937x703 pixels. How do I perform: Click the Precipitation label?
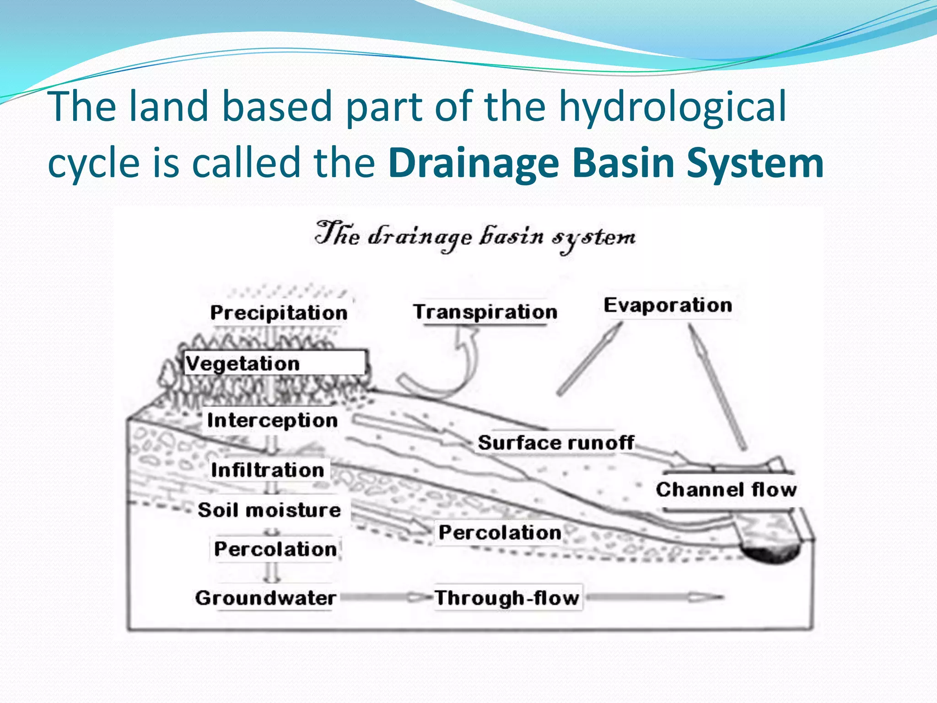[x=279, y=313]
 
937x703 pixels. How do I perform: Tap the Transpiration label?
[x=485, y=312]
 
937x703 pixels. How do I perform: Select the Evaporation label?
[x=668, y=305]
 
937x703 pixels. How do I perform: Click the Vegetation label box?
[x=275, y=363]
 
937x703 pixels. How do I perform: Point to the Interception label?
[x=272, y=420]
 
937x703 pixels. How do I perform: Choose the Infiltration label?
[x=268, y=470]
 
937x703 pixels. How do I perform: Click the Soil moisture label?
[x=269, y=510]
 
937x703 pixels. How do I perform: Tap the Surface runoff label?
[x=555, y=443]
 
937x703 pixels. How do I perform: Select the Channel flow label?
[x=726, y=490]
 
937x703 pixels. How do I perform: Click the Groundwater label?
[x=265, y=598]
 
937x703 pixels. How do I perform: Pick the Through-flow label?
[x=507, y=598]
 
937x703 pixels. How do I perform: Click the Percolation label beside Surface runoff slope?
[x=500, y=532]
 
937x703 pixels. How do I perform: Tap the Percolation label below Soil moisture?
[x=275, y=549]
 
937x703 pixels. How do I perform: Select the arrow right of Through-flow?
[x=654, y=597]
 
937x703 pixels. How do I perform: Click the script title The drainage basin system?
[x=475, y=237]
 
